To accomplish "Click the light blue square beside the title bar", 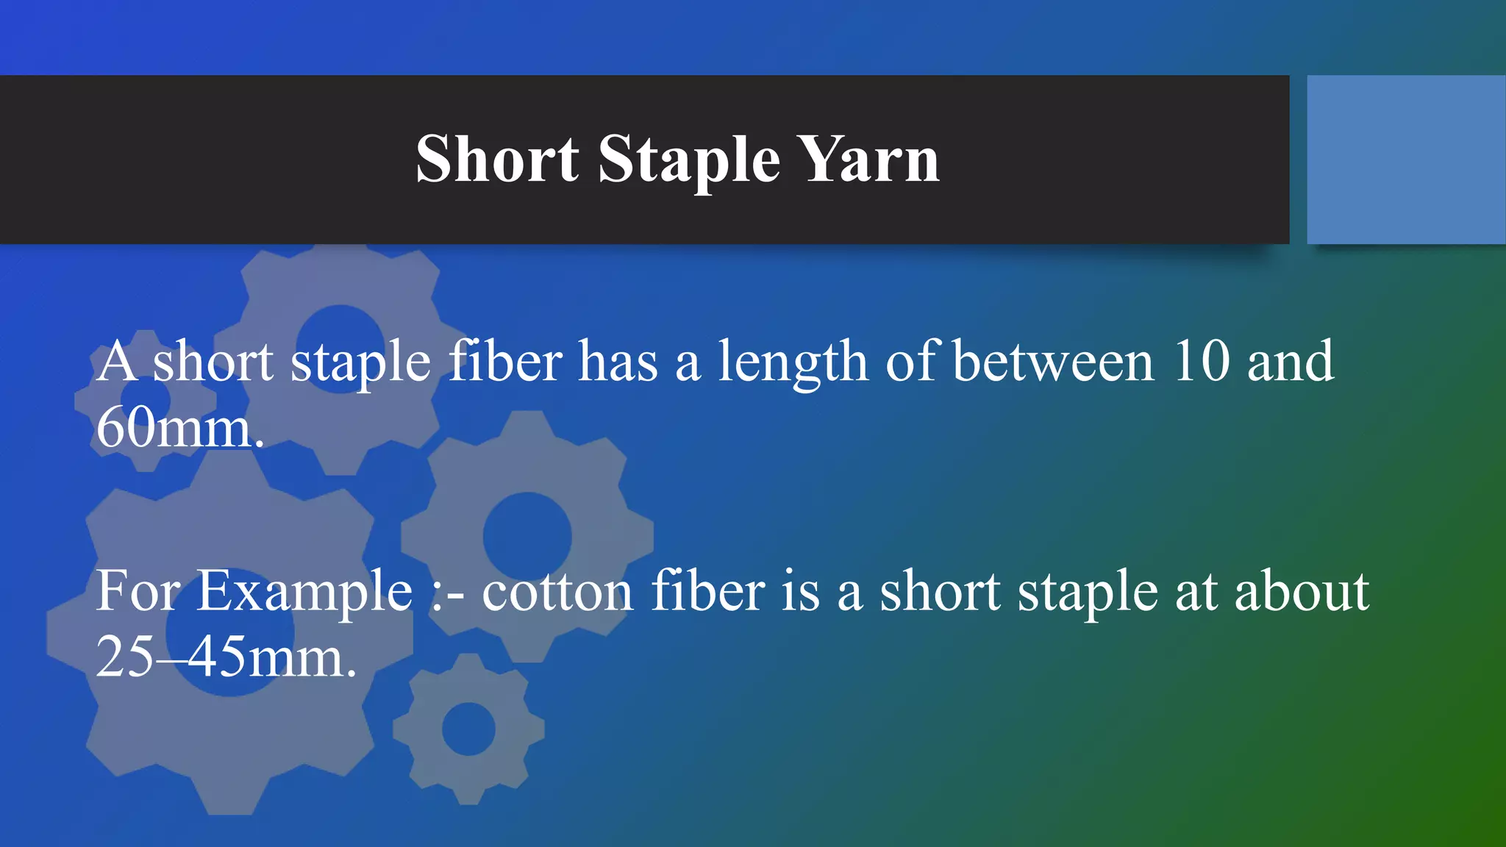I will coord(1406,160).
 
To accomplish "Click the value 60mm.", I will coord(179,428).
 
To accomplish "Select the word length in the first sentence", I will coord(793,362).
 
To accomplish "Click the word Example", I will coord(304,592).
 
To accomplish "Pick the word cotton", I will coord(557,592).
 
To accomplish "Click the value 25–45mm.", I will coord(226,657).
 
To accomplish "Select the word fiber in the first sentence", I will coord(505,361).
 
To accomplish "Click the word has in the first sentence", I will coord(618,361).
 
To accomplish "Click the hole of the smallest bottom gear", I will coord(468,729).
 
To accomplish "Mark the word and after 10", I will coord(1291,361).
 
